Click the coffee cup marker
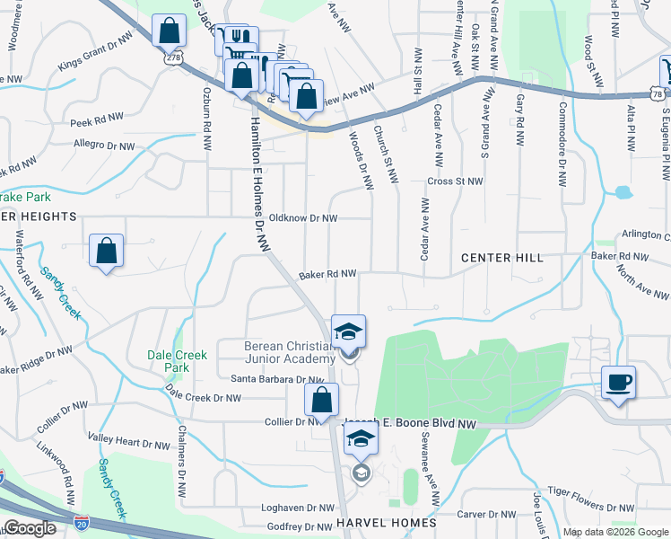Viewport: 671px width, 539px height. pyautogui.click(x=618, y=382)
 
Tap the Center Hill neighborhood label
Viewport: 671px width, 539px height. pyautogui.click(x=502, y=258)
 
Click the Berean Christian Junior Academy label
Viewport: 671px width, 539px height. pyautogui.click(x=290, y=353)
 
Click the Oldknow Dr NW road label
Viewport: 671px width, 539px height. pyautogui.click(x=303, y=218)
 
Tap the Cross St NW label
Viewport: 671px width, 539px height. pyautogui.click(x=456, y=181)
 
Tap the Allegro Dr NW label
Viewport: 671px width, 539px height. pyautogui.click(x=102, y=143)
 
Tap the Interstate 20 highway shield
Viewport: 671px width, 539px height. pyautogui.click(x=3, y=476)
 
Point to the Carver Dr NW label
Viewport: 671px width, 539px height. pyautogui.click(x=484, y=515)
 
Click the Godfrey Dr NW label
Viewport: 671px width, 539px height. pyautogui.click(x=298, y=526)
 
